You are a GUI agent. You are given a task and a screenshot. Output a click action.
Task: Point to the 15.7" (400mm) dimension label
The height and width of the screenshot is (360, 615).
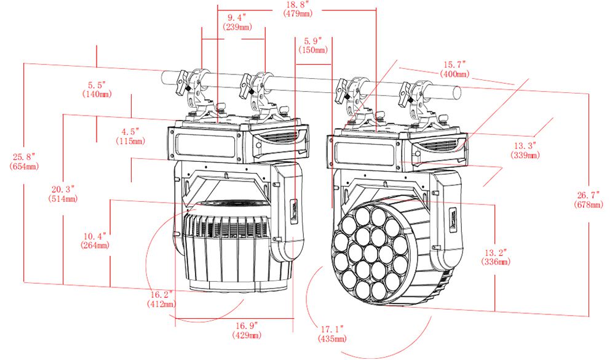coord(454,69)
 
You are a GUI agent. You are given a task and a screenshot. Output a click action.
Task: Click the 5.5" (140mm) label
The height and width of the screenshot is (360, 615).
coord(97,89)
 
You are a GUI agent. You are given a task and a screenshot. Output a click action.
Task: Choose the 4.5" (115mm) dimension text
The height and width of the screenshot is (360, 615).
coord(130,136)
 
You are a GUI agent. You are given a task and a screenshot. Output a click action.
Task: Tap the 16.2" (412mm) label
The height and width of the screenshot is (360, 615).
coord(161,299)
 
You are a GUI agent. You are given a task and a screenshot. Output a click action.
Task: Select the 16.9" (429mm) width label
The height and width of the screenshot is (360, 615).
coord(247,330)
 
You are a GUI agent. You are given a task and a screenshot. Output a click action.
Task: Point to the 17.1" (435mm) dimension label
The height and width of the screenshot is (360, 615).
coord(332,334)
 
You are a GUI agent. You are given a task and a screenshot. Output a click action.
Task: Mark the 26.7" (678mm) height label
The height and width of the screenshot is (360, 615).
coord(589,199)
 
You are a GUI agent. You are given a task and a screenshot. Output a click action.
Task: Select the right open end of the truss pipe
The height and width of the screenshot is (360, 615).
coord(457,93)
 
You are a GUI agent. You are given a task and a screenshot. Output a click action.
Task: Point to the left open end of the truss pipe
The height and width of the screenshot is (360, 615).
coord(165,78)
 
